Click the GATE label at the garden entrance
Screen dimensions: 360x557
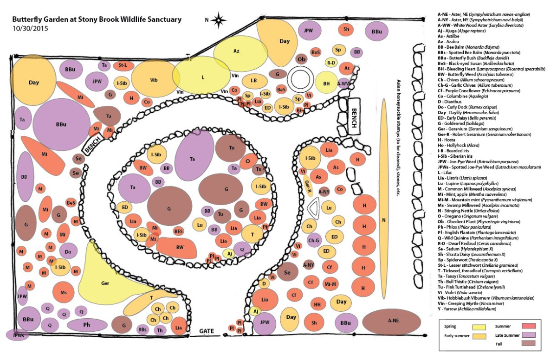pos(207,331)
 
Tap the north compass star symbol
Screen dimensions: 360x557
pos(220,20)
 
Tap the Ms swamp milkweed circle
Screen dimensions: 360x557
pos(64,293)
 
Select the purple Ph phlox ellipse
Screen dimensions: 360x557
pos(87,325)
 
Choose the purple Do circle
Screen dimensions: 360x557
pos(68,252)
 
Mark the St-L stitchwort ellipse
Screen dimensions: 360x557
pos(123,65)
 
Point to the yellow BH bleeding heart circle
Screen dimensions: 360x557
pos(327,84)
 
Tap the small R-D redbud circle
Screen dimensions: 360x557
pos(331,63)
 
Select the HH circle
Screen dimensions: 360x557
pos(317,305)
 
